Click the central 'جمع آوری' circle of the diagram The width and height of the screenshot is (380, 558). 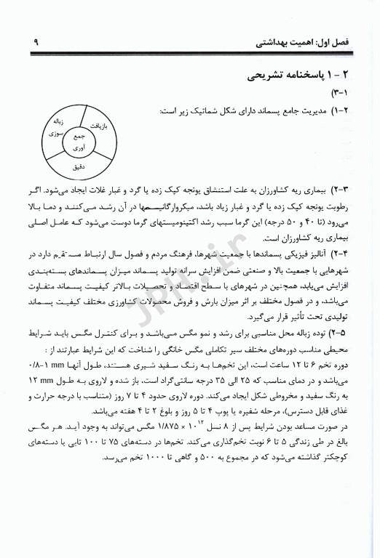coord(76,141)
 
